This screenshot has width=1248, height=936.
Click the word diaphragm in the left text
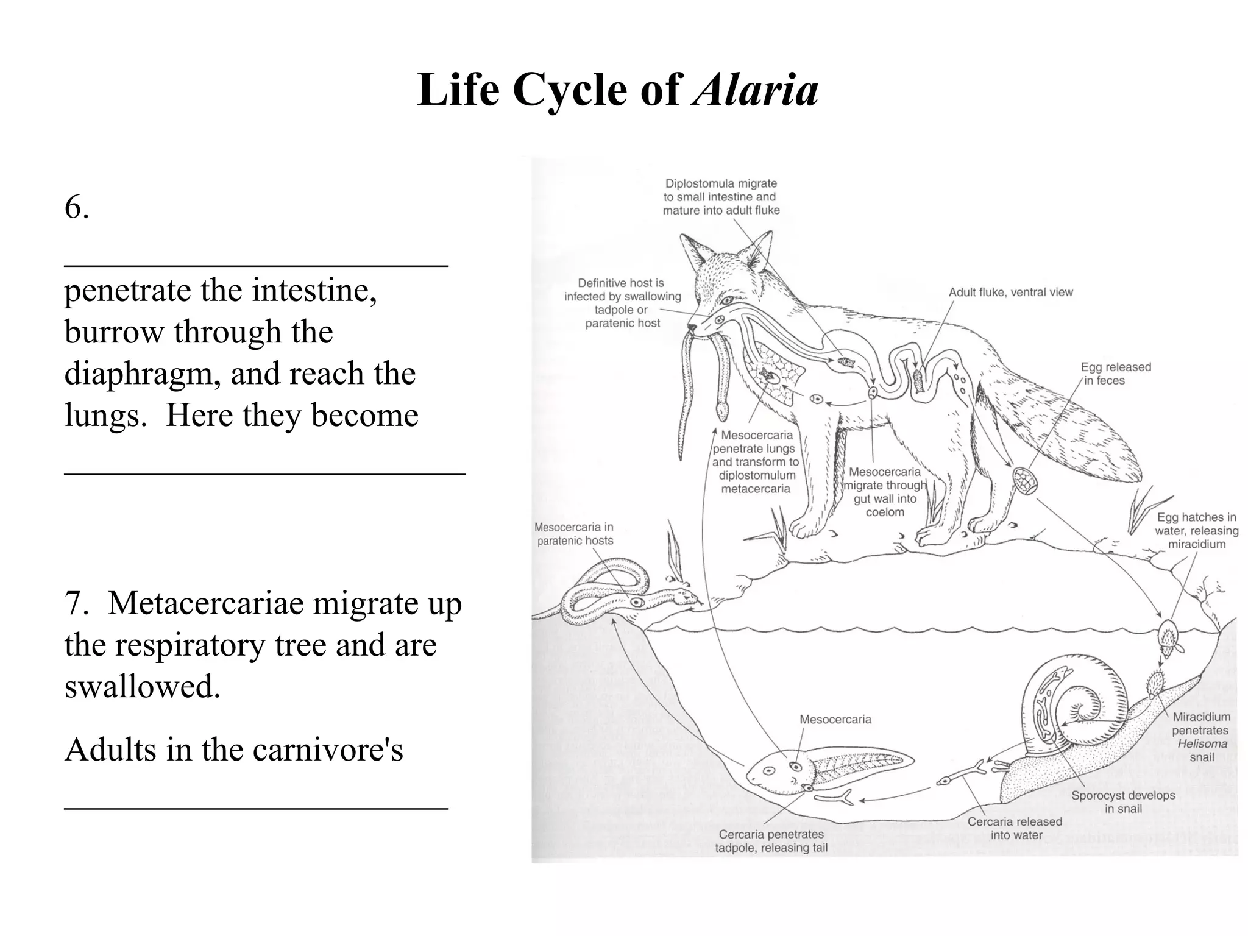tap(142, 373)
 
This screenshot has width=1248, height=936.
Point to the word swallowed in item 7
tap(141, 686)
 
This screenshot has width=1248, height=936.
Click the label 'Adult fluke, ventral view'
tap(1010, 292)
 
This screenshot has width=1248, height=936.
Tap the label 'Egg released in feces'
tap(1115, 374)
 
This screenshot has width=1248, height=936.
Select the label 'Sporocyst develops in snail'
tap(1123, 802)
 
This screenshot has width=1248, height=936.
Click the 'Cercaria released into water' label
tap(1015, 828)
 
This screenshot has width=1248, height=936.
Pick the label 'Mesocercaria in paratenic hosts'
tap(574, 534)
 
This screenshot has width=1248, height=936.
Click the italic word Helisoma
tap(1202, 744)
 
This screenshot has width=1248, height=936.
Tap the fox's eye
tap(726, 300)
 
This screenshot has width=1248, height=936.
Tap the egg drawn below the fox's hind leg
tap(1025, 480)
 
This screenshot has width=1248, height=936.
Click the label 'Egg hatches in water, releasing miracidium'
tap(1196, 531)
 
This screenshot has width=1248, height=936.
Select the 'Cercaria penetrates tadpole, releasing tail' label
tap(771, 841)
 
